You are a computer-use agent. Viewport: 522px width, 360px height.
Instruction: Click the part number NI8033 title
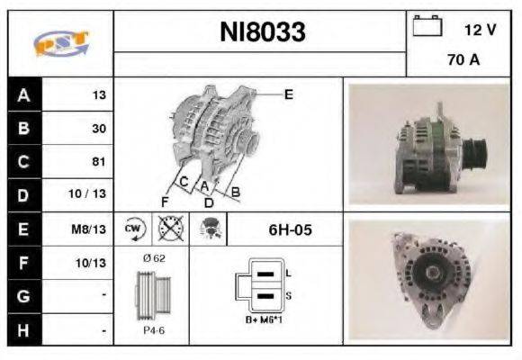tap(263, 33)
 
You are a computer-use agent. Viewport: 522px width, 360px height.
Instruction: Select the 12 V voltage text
tap(480, 30)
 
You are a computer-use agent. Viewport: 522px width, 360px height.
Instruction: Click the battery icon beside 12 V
tap(427, 28)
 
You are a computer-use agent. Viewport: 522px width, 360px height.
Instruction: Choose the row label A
tap(23, 94)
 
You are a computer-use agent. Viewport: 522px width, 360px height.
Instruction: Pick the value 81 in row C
tap(98, 162)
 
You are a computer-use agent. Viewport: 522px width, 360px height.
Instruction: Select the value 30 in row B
tap(98, 128)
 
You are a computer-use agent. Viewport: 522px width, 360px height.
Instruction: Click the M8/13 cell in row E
tap(91, 229)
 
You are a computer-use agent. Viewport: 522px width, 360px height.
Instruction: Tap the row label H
tap(23, 330)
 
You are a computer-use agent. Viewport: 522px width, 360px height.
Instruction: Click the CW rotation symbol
tap(134, 229)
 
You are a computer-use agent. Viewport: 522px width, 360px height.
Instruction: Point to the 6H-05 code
tap(290, 229)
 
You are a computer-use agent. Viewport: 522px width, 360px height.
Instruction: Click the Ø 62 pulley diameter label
tap(155, 259)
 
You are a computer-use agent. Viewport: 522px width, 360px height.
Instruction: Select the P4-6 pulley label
tap(154, 330)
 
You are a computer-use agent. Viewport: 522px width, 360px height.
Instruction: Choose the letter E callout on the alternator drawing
tap(288, 94)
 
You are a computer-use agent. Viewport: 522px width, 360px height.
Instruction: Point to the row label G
tap(23, 297)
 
